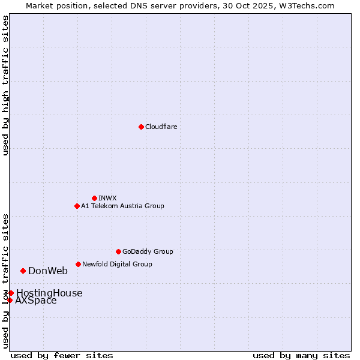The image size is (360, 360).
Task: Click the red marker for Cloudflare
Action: pyautogui.click(x=141, y=127)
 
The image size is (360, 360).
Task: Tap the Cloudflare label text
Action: pyautogui.click(x=161, y=127)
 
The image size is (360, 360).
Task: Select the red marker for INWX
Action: pyautogui.click(x=94, y=198)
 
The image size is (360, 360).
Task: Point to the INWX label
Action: pyautogui.click(x=107, y=198)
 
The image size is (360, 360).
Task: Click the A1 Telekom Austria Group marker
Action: pyautogui.click(x=77, y=206)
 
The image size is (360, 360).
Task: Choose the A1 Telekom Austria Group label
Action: pyautogui.click(x=122, y=206)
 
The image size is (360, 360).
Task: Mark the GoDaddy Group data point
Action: pyautogui.click(x=118, y=251)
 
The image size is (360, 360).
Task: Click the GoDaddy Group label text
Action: pyautogui.click(x=148, y=251)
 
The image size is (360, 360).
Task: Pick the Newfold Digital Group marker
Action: pyautogui.click(x=78, y=264)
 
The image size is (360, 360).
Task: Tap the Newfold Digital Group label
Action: pyautogui.click(x=117, y=264)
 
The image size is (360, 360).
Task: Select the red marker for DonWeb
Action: pyautogui.click(x=23, y=271)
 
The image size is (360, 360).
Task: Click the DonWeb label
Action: pyautogui.click(x=48, y=271)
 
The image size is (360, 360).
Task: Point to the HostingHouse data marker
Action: pyautogui.click(x=11, y=293)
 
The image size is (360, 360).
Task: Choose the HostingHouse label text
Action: pyautogui.click(x=49, y=293)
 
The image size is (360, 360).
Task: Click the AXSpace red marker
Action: pyautogui.click(x=10, y=300)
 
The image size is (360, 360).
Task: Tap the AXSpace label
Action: pyautogui.click(x=36, y=301)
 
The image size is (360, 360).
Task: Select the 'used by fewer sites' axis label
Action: pyautogui.click(x=62, y=355)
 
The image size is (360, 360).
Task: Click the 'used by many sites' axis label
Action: pyautogui.click(x=301, y=355)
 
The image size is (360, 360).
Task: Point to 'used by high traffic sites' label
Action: pyautogui.click(x=5, y=85)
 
